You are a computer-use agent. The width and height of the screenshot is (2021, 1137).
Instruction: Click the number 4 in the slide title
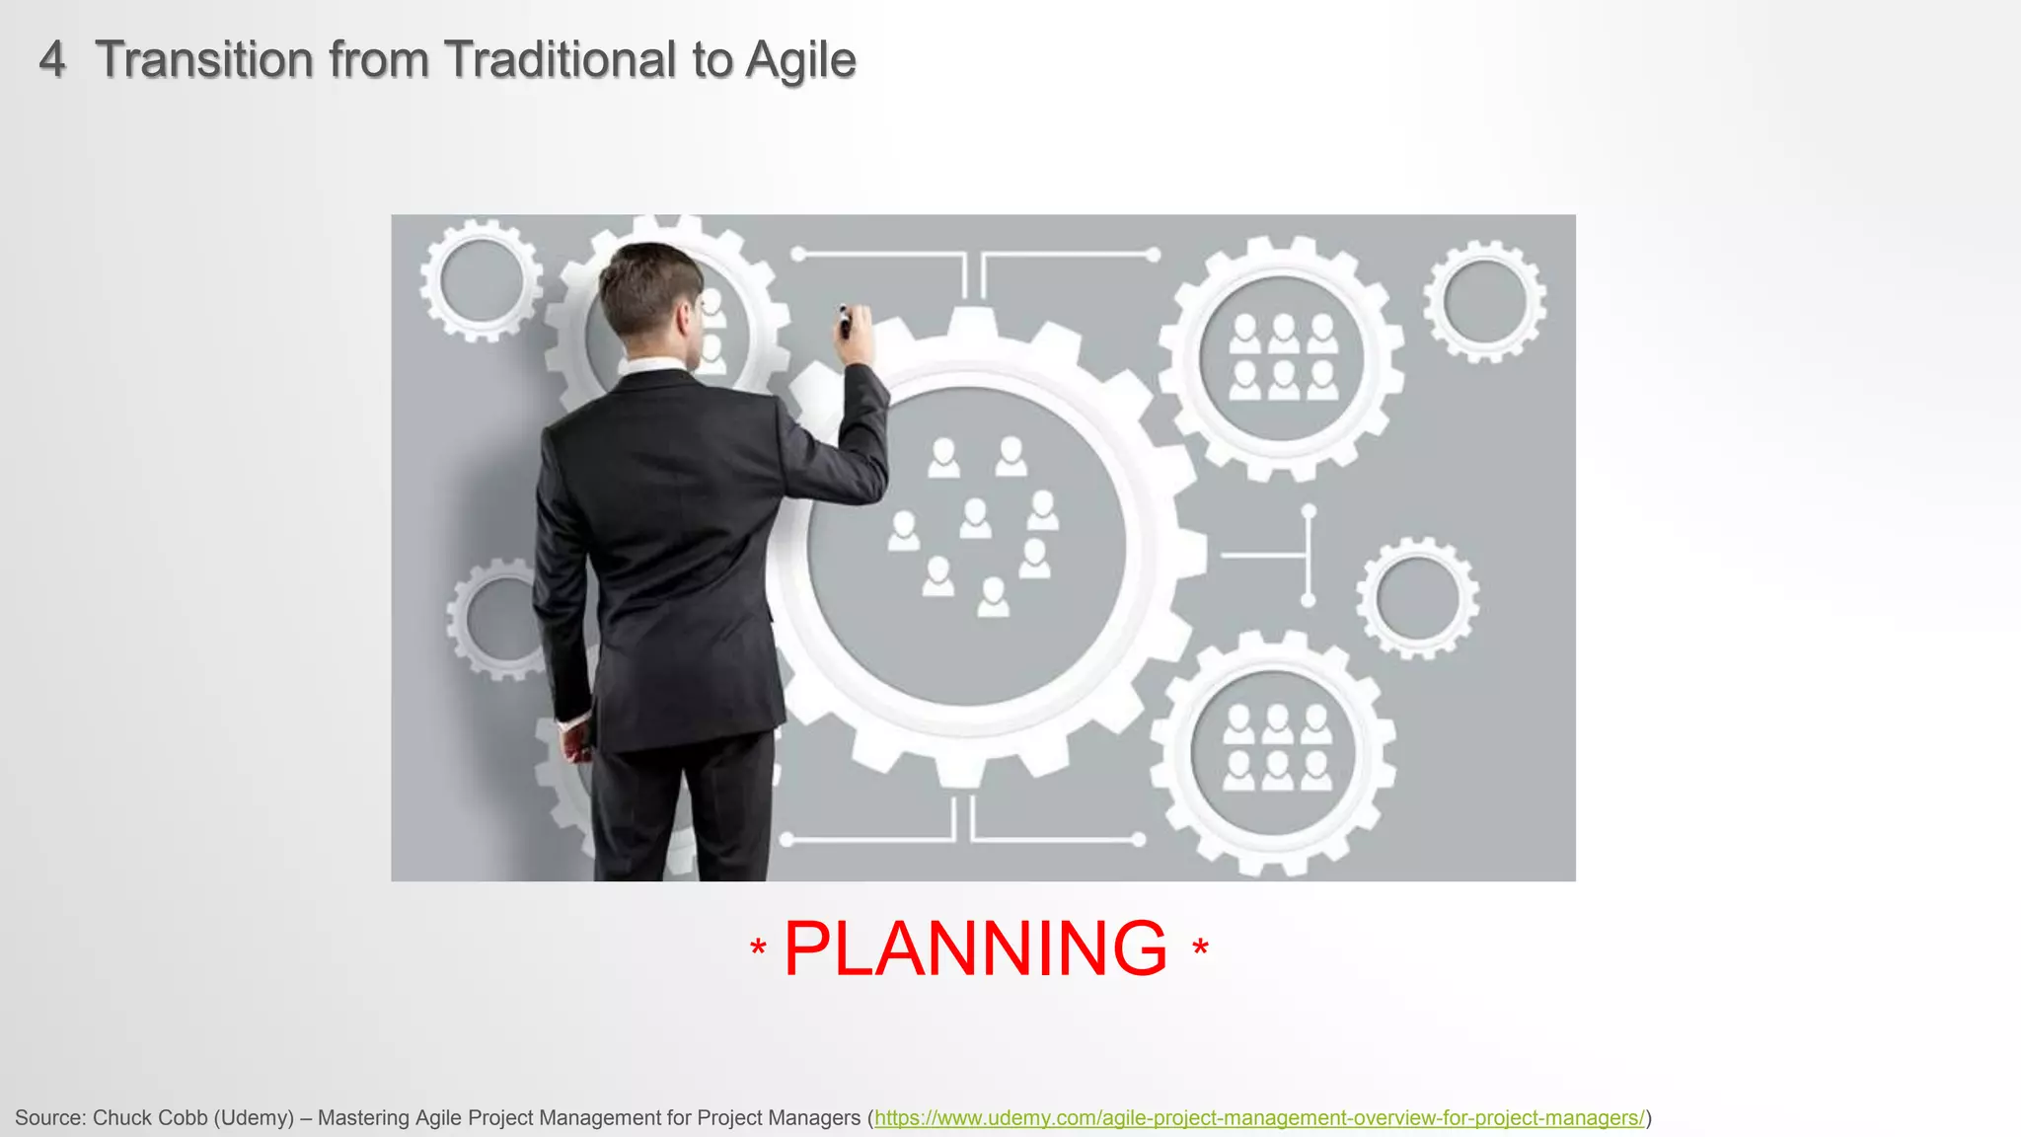coord(52,60)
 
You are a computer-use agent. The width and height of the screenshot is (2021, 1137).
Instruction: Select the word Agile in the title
coord(800,61)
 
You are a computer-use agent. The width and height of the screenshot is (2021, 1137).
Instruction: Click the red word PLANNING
coord(975,948)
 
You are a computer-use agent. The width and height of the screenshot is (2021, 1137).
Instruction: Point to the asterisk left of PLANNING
coord(758,948)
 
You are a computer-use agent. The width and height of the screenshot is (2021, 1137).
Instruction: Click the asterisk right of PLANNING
coord(1200,948)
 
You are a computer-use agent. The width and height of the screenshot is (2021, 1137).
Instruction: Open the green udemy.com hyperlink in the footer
coord(1259,1118)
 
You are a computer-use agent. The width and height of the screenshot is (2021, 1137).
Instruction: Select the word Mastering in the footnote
coord(363,1118)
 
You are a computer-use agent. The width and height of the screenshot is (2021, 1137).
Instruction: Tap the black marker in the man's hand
coord(845,322)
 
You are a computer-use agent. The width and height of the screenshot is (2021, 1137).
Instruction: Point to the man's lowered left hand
coord(576,740)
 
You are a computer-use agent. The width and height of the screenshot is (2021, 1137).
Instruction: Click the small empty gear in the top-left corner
coord(481,281)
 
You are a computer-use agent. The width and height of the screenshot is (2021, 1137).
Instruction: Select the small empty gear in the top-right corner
coord(1484,301)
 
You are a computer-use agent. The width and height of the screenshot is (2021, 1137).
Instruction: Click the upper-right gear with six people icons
coord(1282,357)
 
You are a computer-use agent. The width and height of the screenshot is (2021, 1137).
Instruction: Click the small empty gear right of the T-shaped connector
coord(1417,598)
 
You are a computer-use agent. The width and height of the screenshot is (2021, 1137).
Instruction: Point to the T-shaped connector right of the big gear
coord(1293,556)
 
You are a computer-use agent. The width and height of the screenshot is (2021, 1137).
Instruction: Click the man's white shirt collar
coord(651,366)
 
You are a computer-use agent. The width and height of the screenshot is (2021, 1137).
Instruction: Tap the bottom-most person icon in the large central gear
coord(993,596)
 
